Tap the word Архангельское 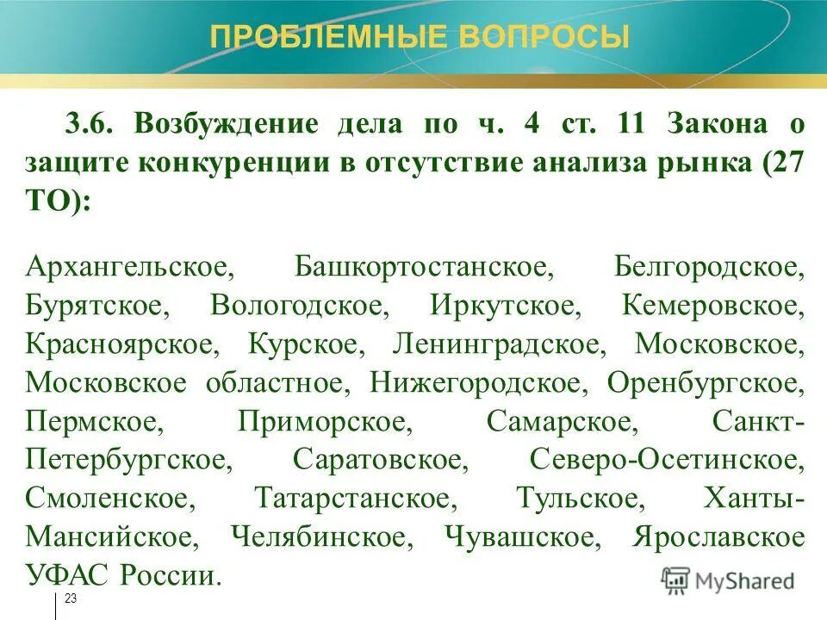(x=130, y=266)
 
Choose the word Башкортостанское (x=424, y=266)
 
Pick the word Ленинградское (x=496, y=344)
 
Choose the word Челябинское (x=318, y=537)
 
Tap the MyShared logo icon (x=675, y=580)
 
